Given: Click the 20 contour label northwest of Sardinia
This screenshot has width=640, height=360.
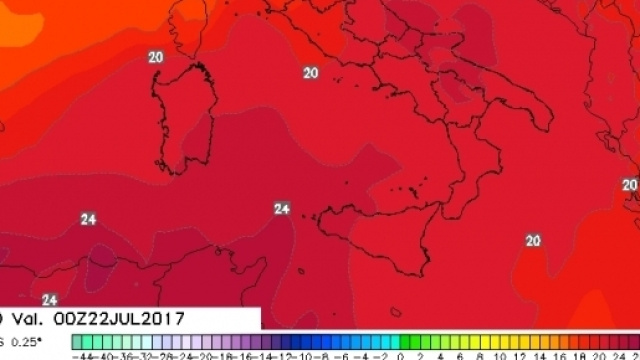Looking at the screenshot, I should pyautogui.click(x=155, y=57).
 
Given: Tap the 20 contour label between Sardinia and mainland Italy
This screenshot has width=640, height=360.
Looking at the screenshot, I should pyautogui.click(x=310, y=72).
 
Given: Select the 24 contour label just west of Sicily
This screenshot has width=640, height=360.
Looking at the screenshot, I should pyautogui.click(x=282, y=208).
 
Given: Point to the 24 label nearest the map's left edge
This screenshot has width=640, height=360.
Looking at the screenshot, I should pyautogui.click(x=88, y=219).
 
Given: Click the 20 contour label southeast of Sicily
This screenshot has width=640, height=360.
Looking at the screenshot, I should pyautogui.click(x=532, y=240).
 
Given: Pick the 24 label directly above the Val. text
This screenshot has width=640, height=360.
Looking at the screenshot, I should pyautogui.click(x=50, y=299).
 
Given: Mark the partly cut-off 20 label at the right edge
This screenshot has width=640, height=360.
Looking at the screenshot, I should pyautogui.click(x=630, y=185).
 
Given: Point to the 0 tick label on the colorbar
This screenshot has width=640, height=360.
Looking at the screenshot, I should pyautogui.click(x=400, y=354).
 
